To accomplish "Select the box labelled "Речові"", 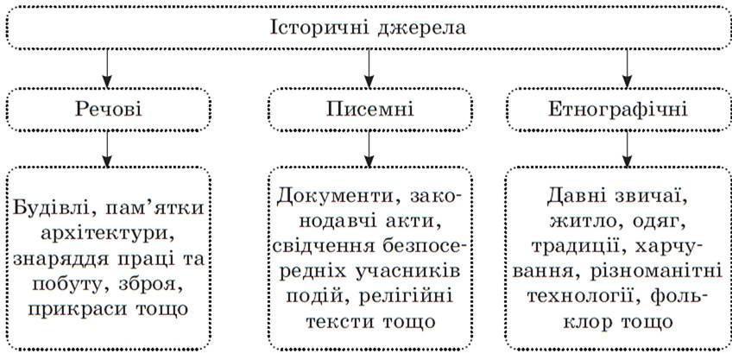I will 107,110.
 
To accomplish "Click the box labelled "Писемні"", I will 369,110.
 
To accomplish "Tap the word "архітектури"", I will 107,234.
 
